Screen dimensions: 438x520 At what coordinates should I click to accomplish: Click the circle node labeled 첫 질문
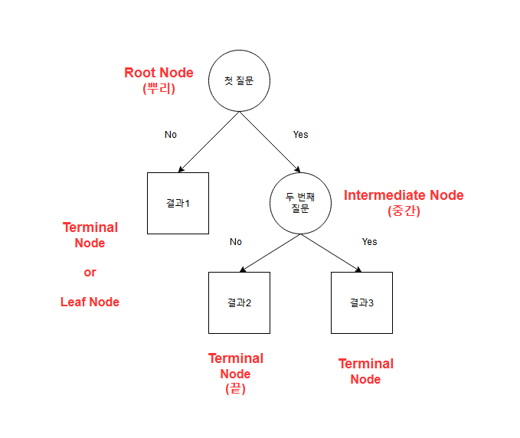[x=239, y=80]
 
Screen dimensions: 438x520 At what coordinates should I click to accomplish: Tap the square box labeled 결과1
[x=178, y=203]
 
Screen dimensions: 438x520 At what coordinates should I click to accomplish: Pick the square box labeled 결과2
[x=239, y=302]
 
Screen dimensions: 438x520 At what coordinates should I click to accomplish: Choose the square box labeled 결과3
[x=361, y=302]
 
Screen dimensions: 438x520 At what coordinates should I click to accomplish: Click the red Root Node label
[x=159, y=73]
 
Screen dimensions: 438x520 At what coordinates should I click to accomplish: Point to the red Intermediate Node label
[x=404, y=195]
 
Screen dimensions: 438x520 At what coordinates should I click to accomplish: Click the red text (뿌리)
[x=159, y=88]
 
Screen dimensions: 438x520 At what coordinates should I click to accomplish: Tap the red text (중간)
[x=404, y=211]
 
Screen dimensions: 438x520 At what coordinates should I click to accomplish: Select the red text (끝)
[x=235, y=389]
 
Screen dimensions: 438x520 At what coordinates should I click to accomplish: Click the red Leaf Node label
[x=90, y=302]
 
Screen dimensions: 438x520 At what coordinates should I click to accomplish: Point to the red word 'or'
[x=90, y=272]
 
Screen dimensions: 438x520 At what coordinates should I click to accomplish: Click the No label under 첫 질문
[x=170, y=135]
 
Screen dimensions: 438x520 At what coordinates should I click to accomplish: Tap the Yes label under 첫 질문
[x=300, y=135]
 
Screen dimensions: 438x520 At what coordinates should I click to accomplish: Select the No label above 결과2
[x=235, y=242]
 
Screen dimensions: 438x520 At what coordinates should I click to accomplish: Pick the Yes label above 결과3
[x=369, y=242]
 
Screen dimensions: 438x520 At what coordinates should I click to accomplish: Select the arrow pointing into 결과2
[x=270, y=253]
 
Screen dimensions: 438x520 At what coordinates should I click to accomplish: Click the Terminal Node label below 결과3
[x=365, y=371]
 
